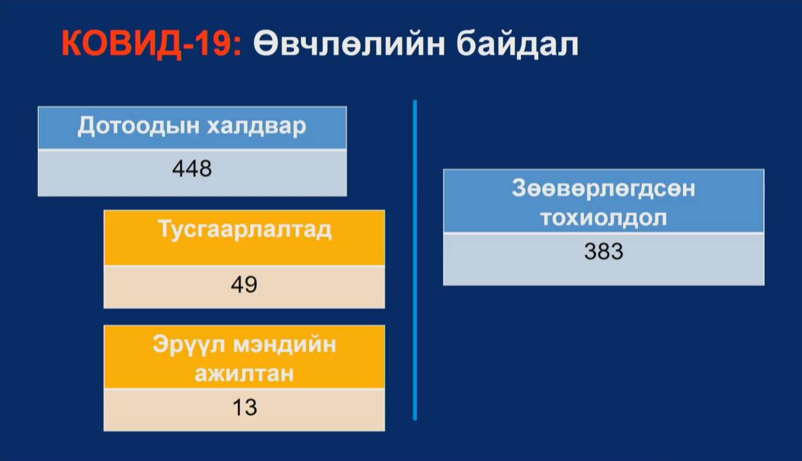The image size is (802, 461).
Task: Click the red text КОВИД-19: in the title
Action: (x=151, y=43)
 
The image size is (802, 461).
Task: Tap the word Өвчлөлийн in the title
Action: (x=349, y=44)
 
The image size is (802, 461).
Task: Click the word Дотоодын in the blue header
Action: (x=138, y=126)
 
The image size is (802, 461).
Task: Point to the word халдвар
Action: (x=257, y=127)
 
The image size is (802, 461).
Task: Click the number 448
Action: (x=192, y=169)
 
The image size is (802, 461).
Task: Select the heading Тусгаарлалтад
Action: (x=244, y=229)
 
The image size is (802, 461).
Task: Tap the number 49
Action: (x=244, y=285)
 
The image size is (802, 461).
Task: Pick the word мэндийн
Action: (x=285, y=344)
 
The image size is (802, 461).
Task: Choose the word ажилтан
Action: (x=244, y=373)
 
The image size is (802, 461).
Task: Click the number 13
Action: (x=244, y=407)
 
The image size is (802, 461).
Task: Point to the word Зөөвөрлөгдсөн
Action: (x=603, y=188)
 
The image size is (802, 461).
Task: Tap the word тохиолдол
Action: (x=603, y=218)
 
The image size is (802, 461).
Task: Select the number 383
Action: (x=604, y=251)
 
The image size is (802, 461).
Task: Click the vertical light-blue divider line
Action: (x=415, y=259)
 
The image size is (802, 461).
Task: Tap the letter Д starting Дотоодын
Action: (x=87, y=126)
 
